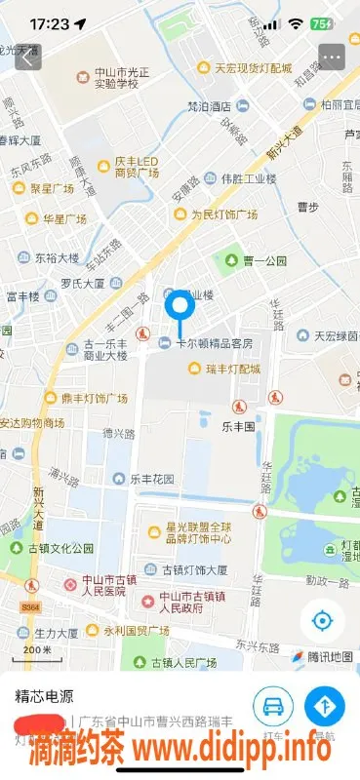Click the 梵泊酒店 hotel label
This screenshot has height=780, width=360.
(209, 106)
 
